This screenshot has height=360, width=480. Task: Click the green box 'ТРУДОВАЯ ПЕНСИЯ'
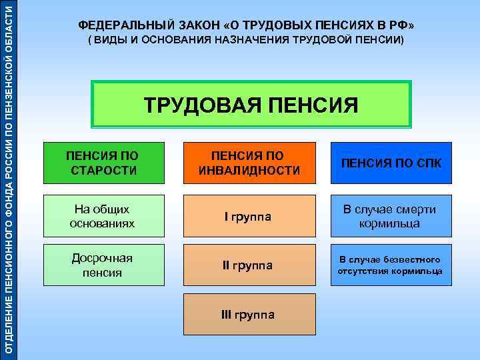click(x=251, y=104)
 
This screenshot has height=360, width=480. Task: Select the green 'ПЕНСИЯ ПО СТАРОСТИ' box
click(x=103, y=163)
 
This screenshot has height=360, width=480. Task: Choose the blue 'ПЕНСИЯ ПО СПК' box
click(x=391, y=163)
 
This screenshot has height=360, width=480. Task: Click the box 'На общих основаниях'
click(x=103, y=216)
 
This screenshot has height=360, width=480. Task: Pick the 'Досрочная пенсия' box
click(x=103, y=265)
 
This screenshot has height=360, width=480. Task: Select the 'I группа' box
click(x=248, y=216)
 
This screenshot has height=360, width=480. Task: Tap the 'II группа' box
click(x=248, y=265)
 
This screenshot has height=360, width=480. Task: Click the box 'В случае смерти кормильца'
click(x=391, y=216)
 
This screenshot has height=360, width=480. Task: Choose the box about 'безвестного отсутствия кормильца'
click(x=391, y=265)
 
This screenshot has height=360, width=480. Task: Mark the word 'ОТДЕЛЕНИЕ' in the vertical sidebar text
click(x=9, y=327)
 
